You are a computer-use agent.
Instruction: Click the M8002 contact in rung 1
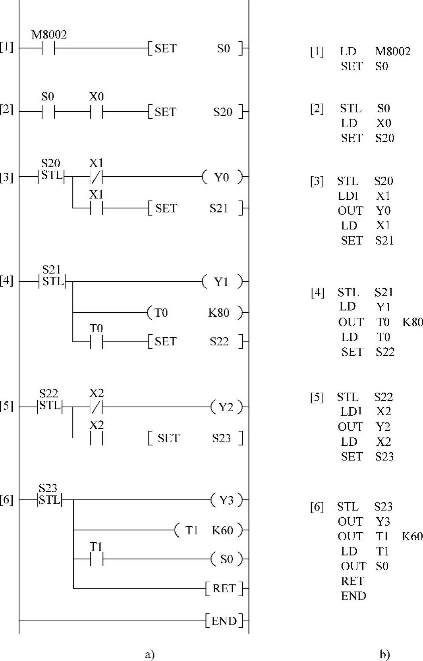click(48, 49)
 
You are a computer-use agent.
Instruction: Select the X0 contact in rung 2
click(96, 112)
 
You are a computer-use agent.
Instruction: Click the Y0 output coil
click(222, 177)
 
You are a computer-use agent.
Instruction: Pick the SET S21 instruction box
click(195, 208)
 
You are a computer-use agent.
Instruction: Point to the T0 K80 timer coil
click(195, 313)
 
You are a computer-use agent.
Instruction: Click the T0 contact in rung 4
click(96, 341)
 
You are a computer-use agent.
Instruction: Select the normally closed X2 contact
click(96, 407)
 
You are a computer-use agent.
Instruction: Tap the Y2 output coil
click(226, 407)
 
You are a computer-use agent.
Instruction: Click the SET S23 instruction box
click(195, 438)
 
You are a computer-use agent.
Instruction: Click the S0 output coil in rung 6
click(226, 559)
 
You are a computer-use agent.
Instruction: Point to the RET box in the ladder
click(224, 588)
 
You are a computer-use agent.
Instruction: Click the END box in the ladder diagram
click(224, 621)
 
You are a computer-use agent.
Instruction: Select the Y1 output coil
click(222, 281)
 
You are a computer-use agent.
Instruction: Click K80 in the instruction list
click(413, 322)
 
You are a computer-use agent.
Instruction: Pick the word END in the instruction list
click(353, 596)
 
